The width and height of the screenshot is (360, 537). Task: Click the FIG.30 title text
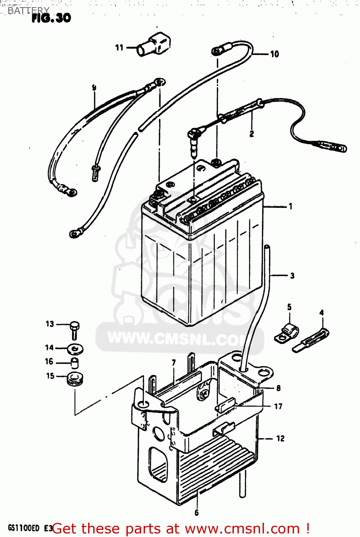(51, 18)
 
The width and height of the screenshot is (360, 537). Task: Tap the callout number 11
(119, 48)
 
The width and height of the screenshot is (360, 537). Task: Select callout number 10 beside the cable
(274, 54)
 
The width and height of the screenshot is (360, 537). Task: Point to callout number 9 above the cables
(94, 87)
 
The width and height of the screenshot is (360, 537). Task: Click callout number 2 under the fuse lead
(251, 134)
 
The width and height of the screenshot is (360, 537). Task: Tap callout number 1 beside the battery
(291, 206)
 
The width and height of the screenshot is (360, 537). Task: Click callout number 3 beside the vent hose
(292, 276)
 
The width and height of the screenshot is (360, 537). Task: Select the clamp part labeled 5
(287, 333)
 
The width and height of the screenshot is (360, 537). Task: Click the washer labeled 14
(75, 348)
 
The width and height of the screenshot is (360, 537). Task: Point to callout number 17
(278, 406)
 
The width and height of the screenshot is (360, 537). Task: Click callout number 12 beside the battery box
(280, 438)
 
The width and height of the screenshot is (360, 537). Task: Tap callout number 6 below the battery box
(196, 513)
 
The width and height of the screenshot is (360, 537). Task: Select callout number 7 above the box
(174, 363)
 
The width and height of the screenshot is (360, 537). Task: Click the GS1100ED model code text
(24, 528)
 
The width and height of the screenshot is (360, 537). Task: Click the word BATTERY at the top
(28, 10)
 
